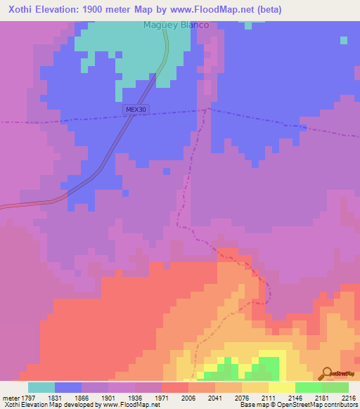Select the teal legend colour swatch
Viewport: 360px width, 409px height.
[x=41, y=387]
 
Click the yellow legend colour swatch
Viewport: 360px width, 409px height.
[x=281, y=387]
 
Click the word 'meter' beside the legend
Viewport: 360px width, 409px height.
[x=8, y=397]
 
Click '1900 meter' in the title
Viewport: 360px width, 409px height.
[x=109, y=8]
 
